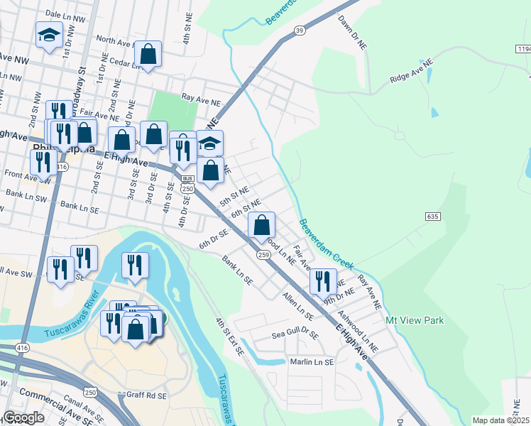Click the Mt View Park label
coord(415,320)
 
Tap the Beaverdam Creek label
coord(326,243)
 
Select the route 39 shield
coord(300,30)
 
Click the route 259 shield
coord(263,254)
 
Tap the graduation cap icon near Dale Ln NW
coord(49,35)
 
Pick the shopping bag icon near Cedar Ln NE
coord(148,53)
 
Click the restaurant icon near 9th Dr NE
coord(323,280)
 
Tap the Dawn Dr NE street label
coord(352,32)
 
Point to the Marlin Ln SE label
coord(312,362)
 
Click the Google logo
coord(24,417)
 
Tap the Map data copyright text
coord(500,420)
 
